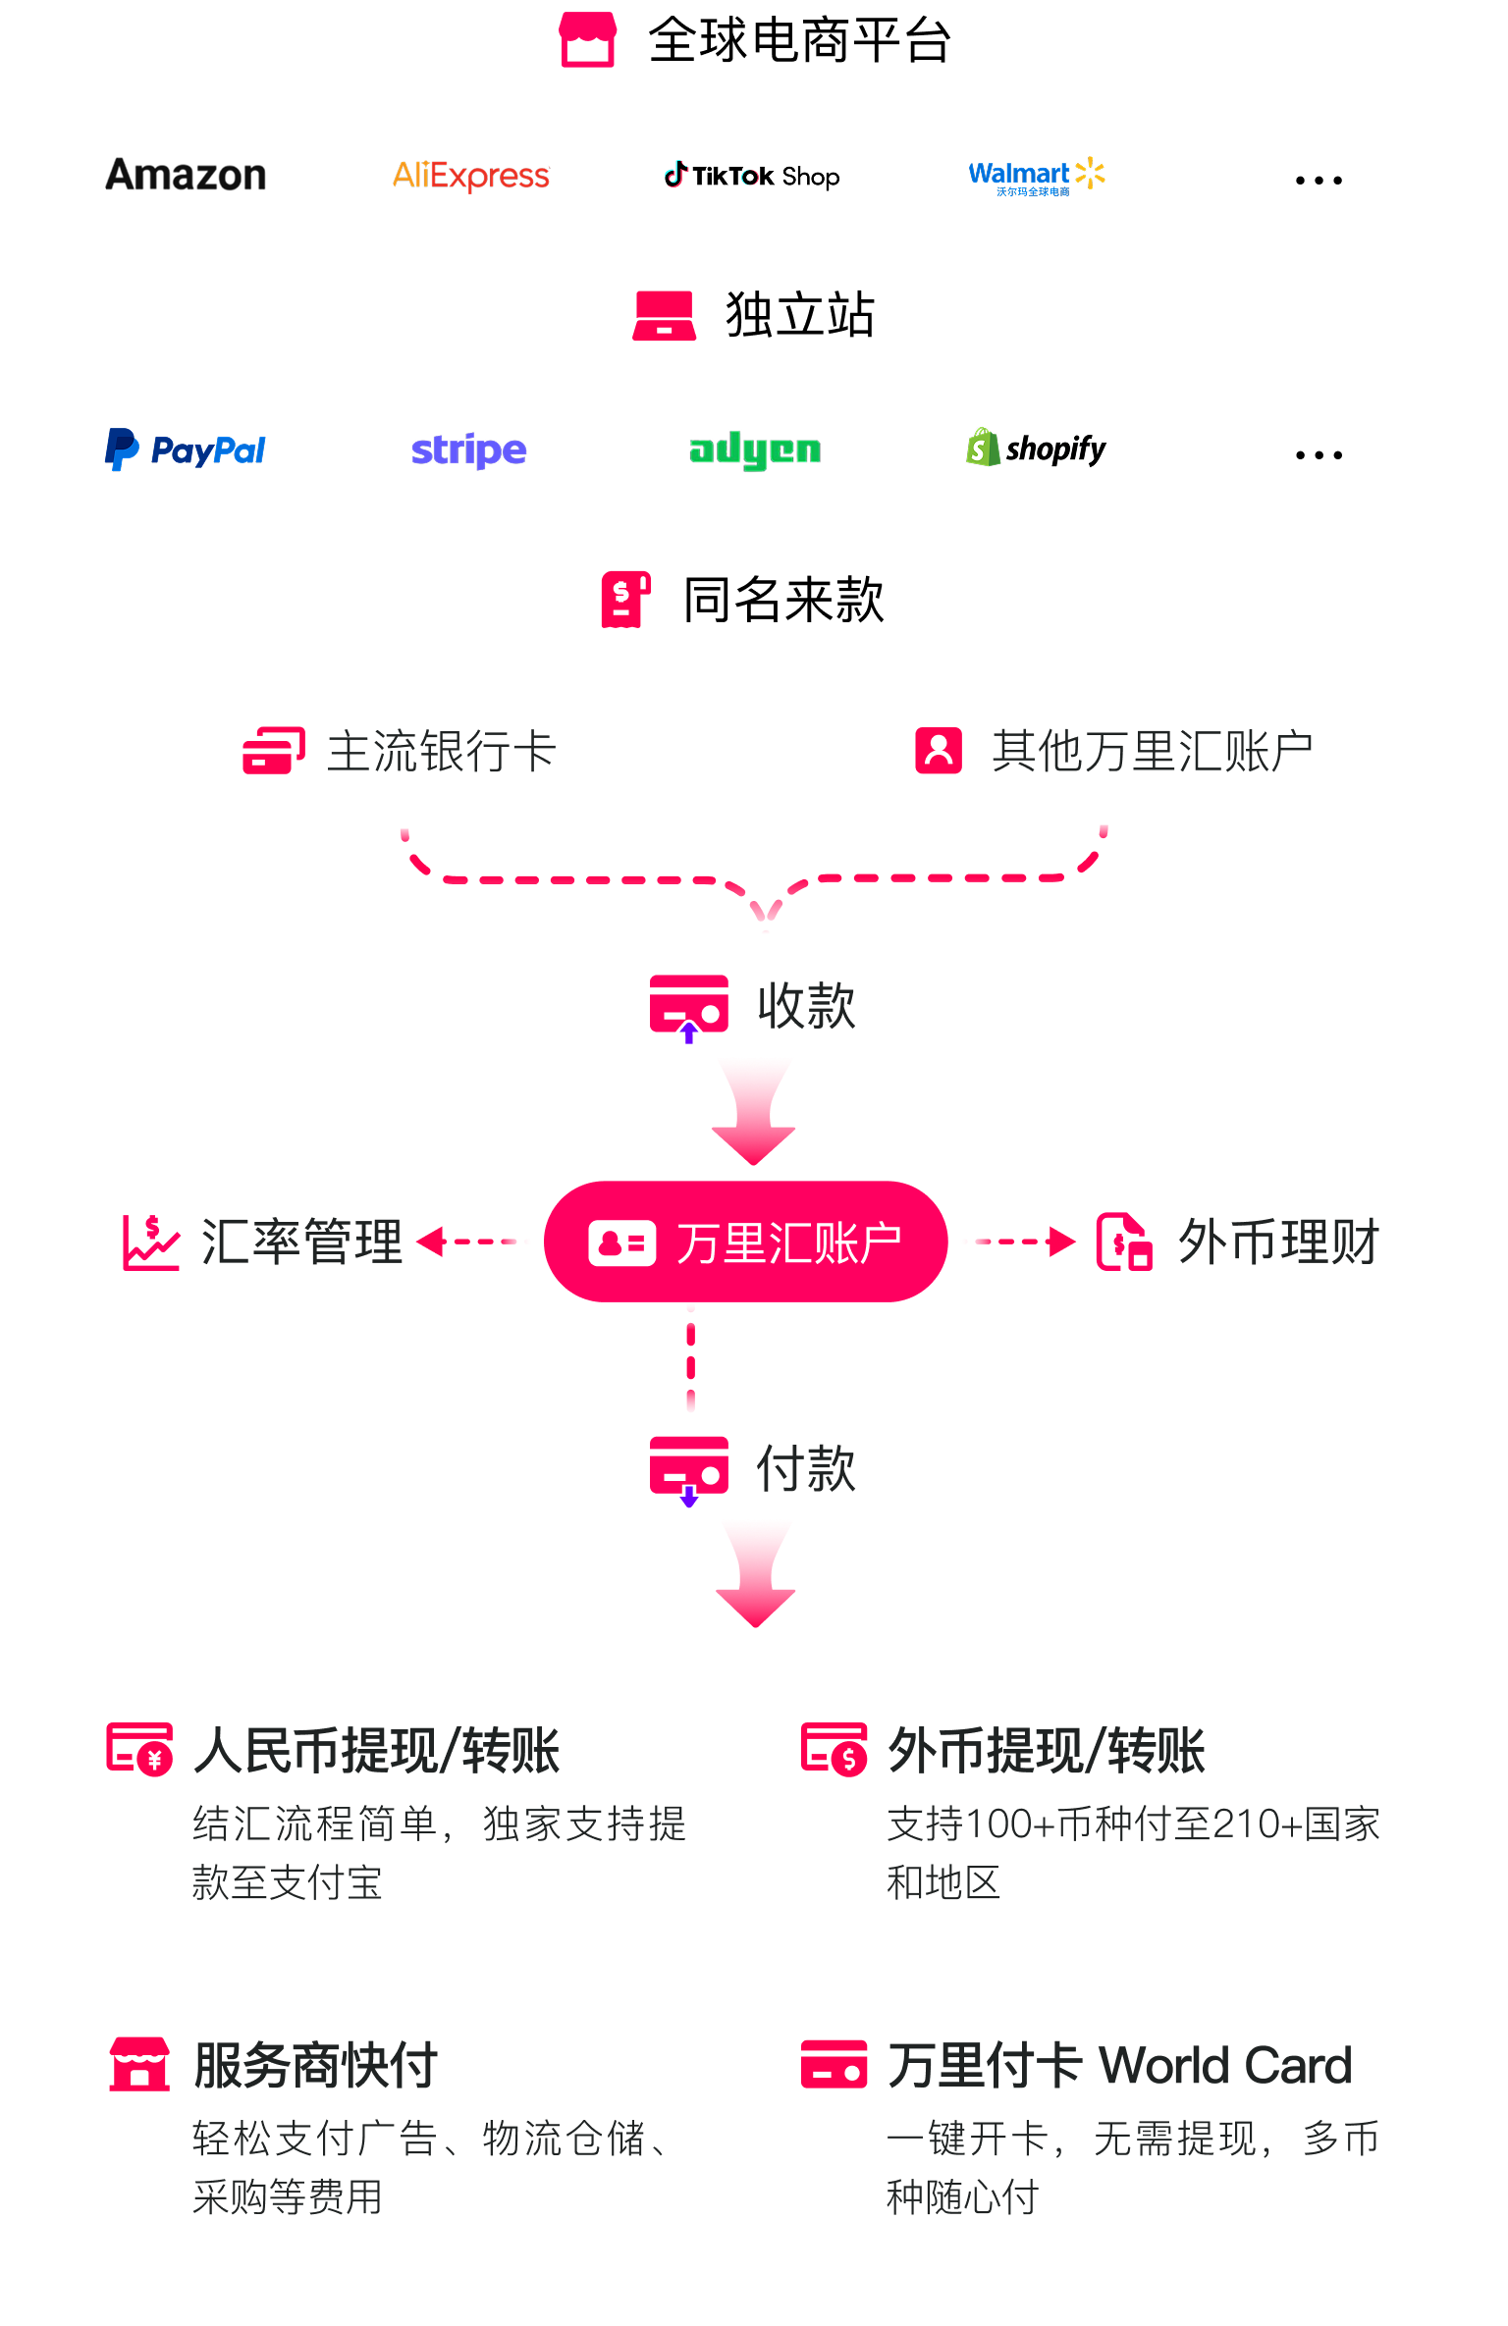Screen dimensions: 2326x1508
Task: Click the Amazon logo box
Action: [186, 176]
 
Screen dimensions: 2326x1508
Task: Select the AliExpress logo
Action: [470, 176]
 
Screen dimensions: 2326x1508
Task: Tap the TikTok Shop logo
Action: [752, 176]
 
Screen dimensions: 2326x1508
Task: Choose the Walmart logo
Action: [1036, 176]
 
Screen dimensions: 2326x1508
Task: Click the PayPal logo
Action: [186, 450]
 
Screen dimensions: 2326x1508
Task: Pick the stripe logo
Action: [469, 450]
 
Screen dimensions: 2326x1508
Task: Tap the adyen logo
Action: [754, 450]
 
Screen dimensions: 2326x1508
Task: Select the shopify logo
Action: [1036, 450]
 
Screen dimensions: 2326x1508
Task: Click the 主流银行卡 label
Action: [441, 752]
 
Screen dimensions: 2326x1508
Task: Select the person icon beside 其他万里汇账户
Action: [939, 751]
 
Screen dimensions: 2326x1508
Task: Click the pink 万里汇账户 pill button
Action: [745, 1242]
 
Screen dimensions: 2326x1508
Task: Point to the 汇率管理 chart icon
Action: [151, 1242]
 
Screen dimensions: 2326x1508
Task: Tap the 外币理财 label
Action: [1278, 1242]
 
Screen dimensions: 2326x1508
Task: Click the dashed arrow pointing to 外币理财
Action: [1017, 1242]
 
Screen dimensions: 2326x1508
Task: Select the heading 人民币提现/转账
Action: [377, 1751]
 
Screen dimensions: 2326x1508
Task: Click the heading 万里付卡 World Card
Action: [1119, 2065]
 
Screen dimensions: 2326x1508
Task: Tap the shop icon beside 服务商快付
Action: [138, 2064]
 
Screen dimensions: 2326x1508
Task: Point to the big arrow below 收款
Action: [754, 1111]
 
